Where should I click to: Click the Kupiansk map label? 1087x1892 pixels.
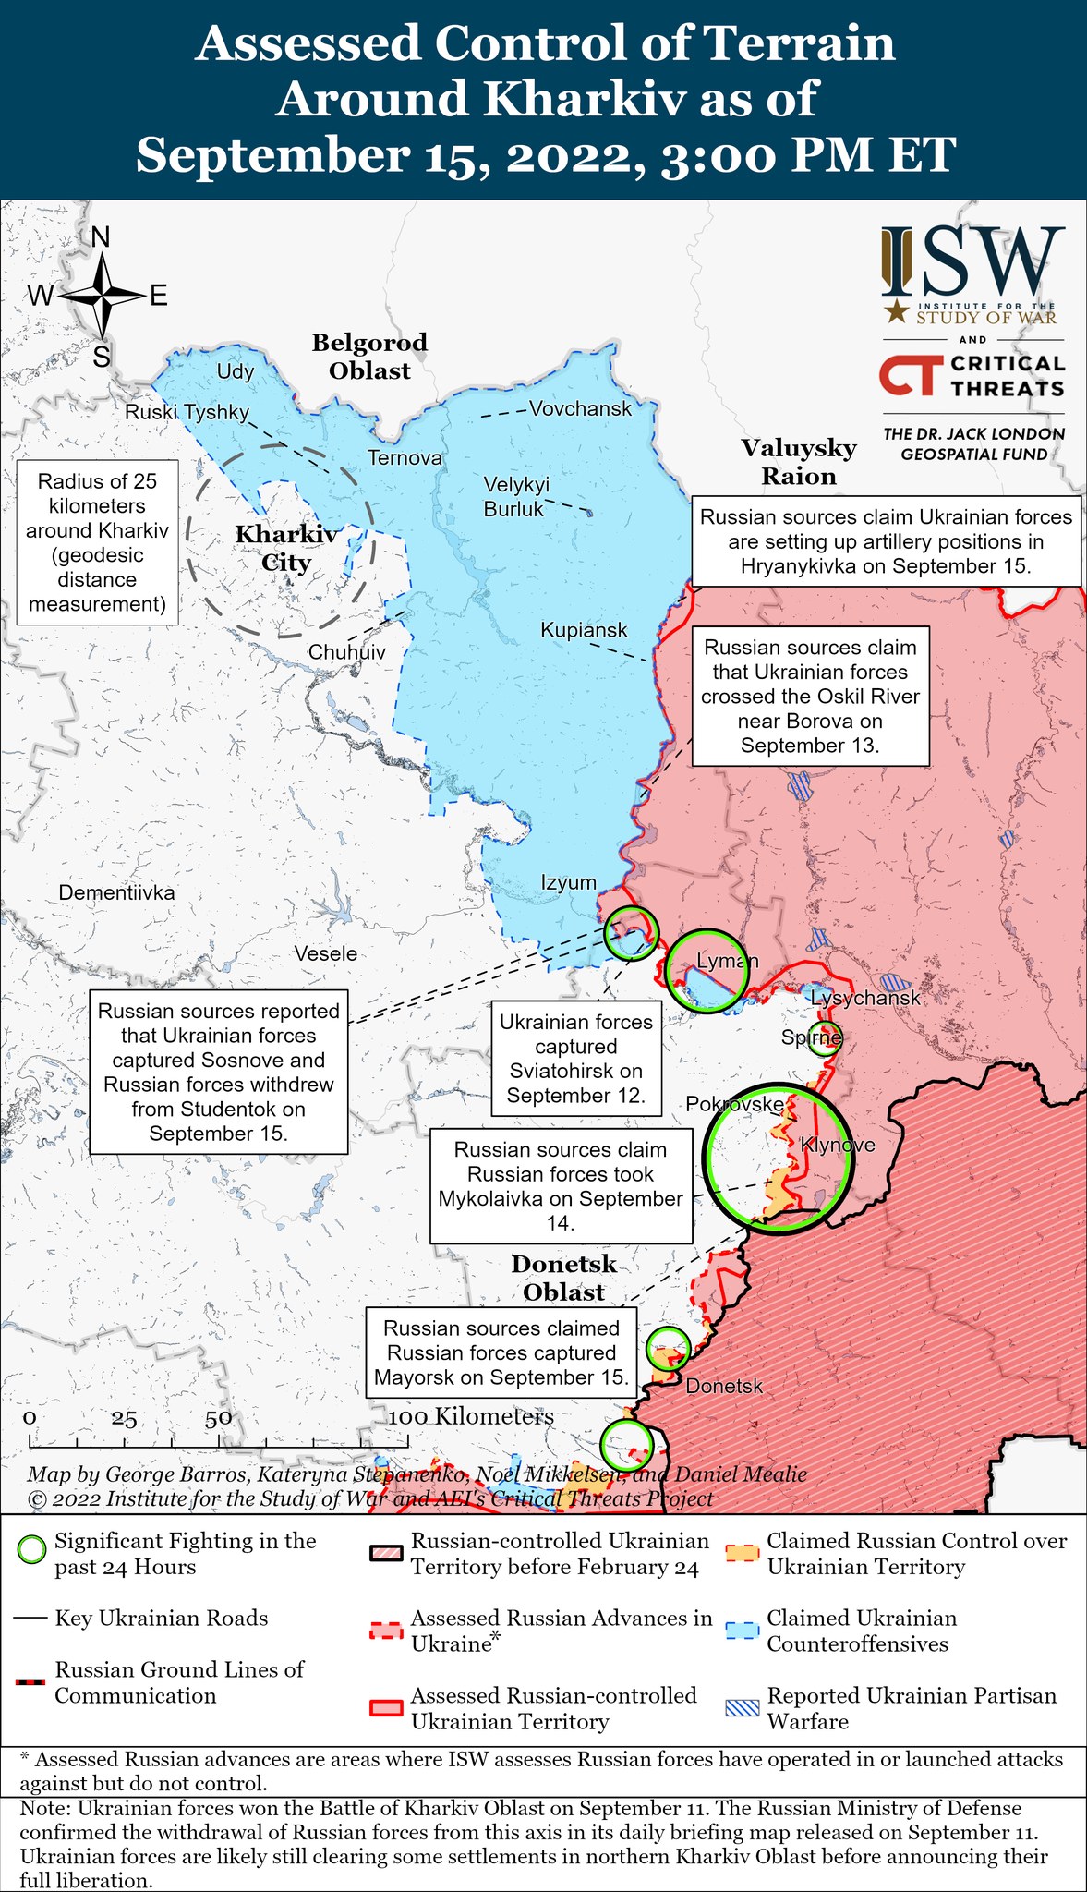584,630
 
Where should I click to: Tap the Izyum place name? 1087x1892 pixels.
569,882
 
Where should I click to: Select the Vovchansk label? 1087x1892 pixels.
580,408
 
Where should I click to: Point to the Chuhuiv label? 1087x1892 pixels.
347,652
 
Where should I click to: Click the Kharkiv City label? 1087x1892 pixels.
286,548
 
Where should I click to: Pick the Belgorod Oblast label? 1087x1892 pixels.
369,357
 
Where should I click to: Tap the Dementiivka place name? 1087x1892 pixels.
116,892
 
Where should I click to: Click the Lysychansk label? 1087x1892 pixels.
865,998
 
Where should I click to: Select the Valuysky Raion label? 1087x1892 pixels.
799,462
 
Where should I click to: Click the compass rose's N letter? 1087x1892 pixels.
101,237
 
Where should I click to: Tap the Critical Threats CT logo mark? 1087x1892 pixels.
910,376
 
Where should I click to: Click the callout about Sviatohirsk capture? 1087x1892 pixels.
575,1059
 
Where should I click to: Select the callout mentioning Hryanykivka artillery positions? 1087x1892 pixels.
887,541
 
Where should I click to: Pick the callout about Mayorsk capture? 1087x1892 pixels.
501,1352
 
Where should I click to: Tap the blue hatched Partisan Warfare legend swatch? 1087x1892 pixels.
743,1708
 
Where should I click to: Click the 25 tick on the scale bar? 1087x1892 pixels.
125,1438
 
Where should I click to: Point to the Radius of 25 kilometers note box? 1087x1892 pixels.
97,542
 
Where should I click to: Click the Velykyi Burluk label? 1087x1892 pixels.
516,495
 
